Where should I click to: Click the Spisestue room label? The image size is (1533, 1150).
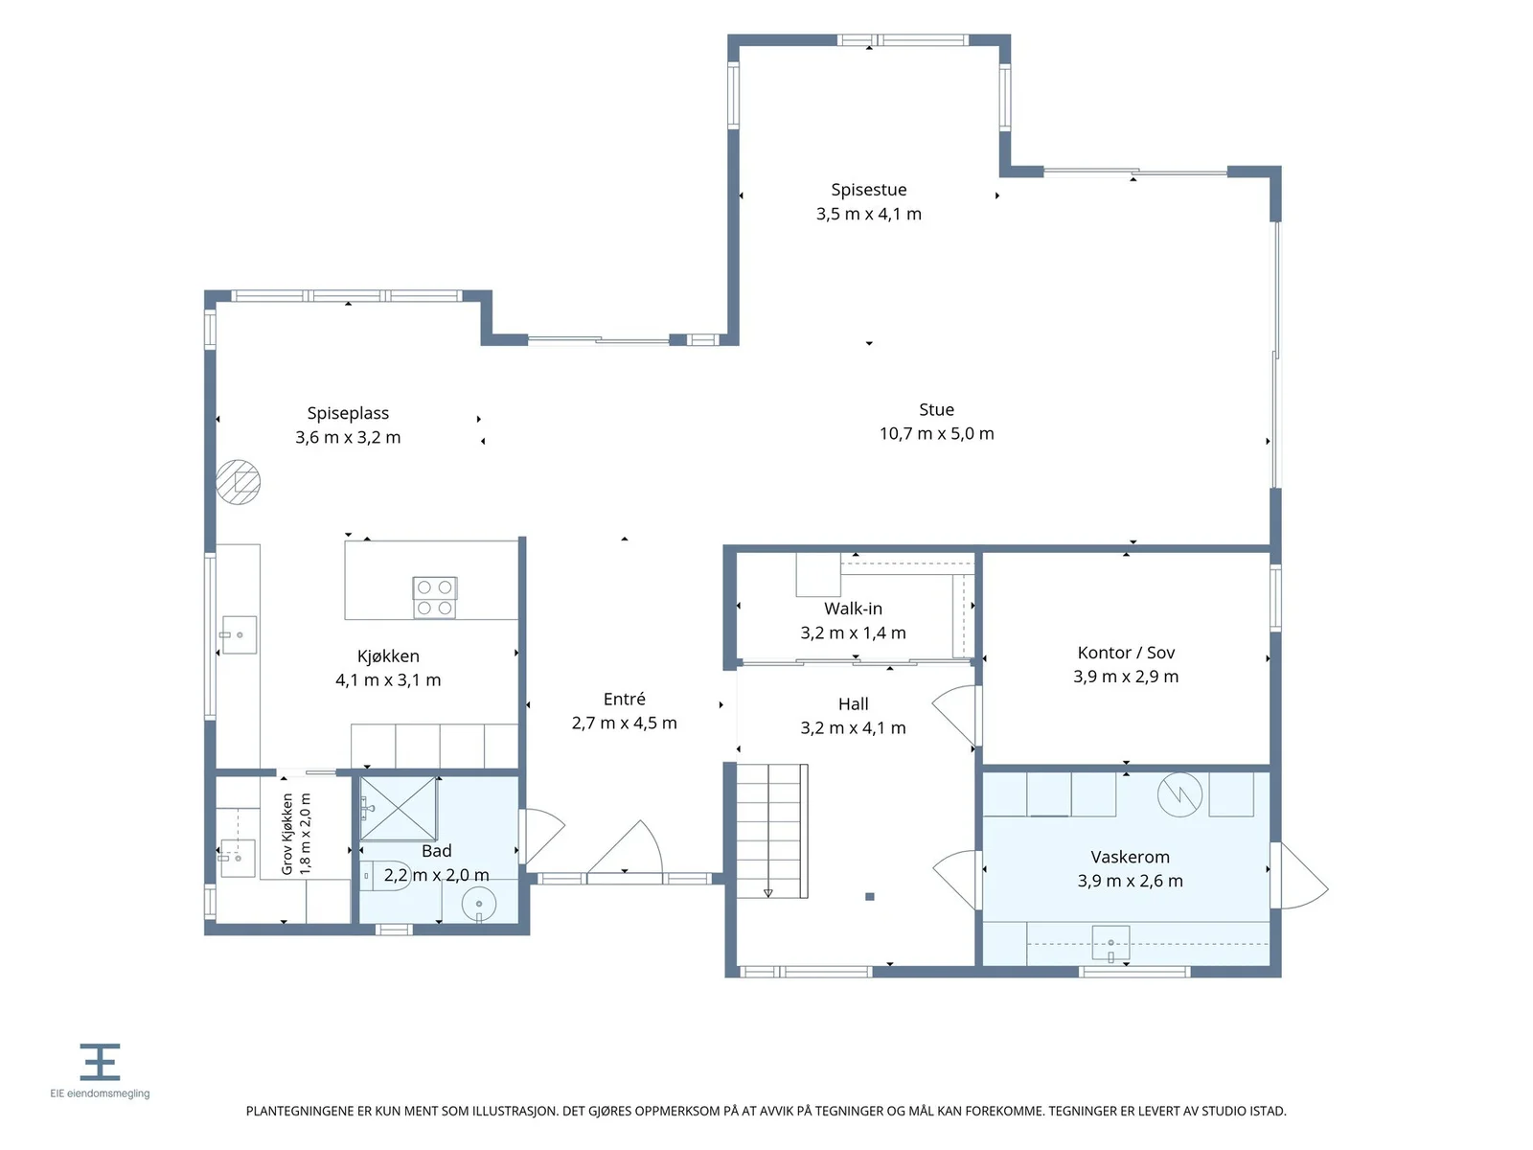pos(868,190)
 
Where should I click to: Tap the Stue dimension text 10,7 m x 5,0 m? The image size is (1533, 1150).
pos(936,433)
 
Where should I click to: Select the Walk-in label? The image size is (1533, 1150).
pos(853,609)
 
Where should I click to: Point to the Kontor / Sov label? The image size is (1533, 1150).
pos(1126,653)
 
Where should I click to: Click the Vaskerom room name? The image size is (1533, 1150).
pos(1130,857)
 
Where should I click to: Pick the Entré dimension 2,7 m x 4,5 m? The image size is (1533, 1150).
pos(625,723)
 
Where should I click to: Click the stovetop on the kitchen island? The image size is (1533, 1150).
pos(434,598)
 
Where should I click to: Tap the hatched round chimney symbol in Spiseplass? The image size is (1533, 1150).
pos(239,482)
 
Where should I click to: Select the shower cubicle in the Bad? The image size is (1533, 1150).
pos(398,809)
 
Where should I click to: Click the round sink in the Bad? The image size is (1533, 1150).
pos(479,905)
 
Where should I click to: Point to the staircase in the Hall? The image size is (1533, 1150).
pos(772,831)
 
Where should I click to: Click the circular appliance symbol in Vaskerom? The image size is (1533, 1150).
pos(1179,794)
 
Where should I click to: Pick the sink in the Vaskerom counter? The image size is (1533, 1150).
pos(1110,943)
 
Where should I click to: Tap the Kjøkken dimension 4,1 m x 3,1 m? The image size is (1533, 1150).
pos(388,680)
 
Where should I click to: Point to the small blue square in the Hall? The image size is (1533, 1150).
pos(870,897)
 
